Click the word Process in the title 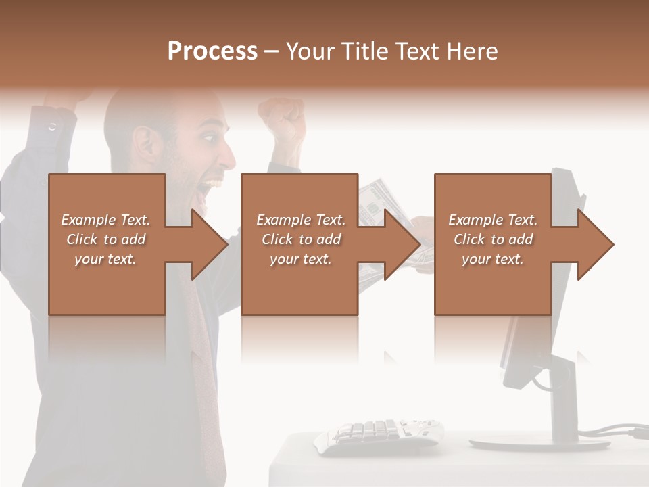pyautogui.click(x=212, y=51)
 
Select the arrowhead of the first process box pyautogui.click(x=210, y=244)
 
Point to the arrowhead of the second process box pyautogui.click(x=403, y=244)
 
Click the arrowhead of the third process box pyautogui.click(x=596, y=244)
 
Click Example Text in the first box pyautogui.click(x=105, y=220)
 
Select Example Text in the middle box pyautogui.click(x=300, y=220)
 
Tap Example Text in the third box pyautogui.click(x=493, y=220)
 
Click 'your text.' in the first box pyautogui.click(x=105, y=259)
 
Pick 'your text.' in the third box pyautogui.click(x=493, y=259)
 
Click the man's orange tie pyautogui.click(x=206, y=392)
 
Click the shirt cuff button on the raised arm pyautogui.click(x=53, y=126)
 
